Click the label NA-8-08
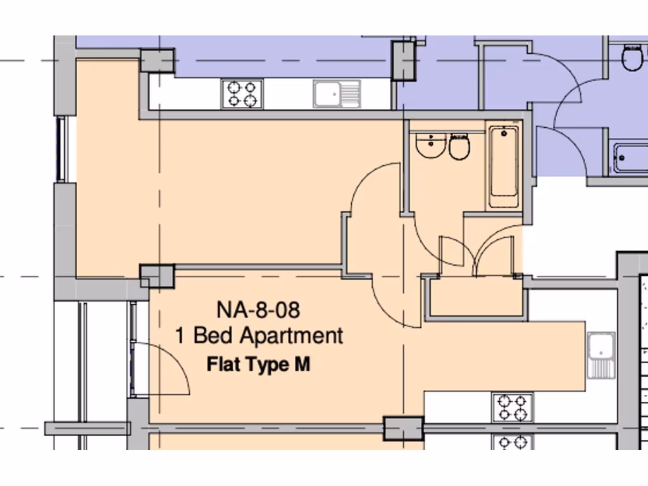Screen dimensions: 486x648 point(258,310)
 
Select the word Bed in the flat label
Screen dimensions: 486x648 point(213,335)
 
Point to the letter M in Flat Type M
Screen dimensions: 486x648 point(302,365)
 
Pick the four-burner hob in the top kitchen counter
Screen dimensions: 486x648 point(242,94)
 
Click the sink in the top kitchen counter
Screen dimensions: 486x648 point(336,94)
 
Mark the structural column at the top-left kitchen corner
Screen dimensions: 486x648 point(156,61)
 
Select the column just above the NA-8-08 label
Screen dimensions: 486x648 point(157,276)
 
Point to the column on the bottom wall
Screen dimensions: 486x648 point(404,428)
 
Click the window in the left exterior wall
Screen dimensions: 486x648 point(61,149)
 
